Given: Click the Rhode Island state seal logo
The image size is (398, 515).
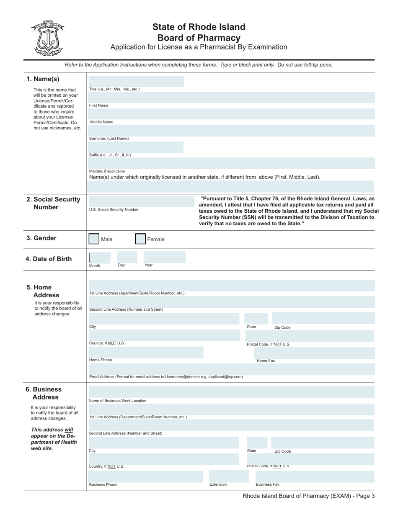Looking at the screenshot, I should (47, 38).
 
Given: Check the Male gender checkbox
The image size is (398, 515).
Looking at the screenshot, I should (94, 239).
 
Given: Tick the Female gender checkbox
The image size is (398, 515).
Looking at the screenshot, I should (140, 239).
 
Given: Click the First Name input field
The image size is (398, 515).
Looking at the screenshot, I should (232, 98).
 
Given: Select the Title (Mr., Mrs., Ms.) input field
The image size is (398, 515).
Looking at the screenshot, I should (136, 82).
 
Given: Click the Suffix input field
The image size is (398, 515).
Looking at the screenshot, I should (136, 147).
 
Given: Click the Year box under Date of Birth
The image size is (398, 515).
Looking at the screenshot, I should (164, 257).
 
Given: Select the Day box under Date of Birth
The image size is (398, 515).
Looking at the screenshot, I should (127, 257).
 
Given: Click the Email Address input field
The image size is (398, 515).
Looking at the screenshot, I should (232, 369).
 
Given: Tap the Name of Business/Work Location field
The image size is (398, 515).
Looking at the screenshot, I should (232, 392).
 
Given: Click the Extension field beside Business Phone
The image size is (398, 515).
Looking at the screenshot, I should (226, 476).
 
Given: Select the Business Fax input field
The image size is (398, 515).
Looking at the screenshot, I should (311, 476).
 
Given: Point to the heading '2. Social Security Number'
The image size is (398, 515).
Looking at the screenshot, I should (53, 203).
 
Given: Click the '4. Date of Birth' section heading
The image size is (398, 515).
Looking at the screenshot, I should (49, 259).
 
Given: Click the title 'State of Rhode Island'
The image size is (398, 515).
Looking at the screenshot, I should (199, 27).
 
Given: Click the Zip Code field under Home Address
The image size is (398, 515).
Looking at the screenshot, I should (323, 318).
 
